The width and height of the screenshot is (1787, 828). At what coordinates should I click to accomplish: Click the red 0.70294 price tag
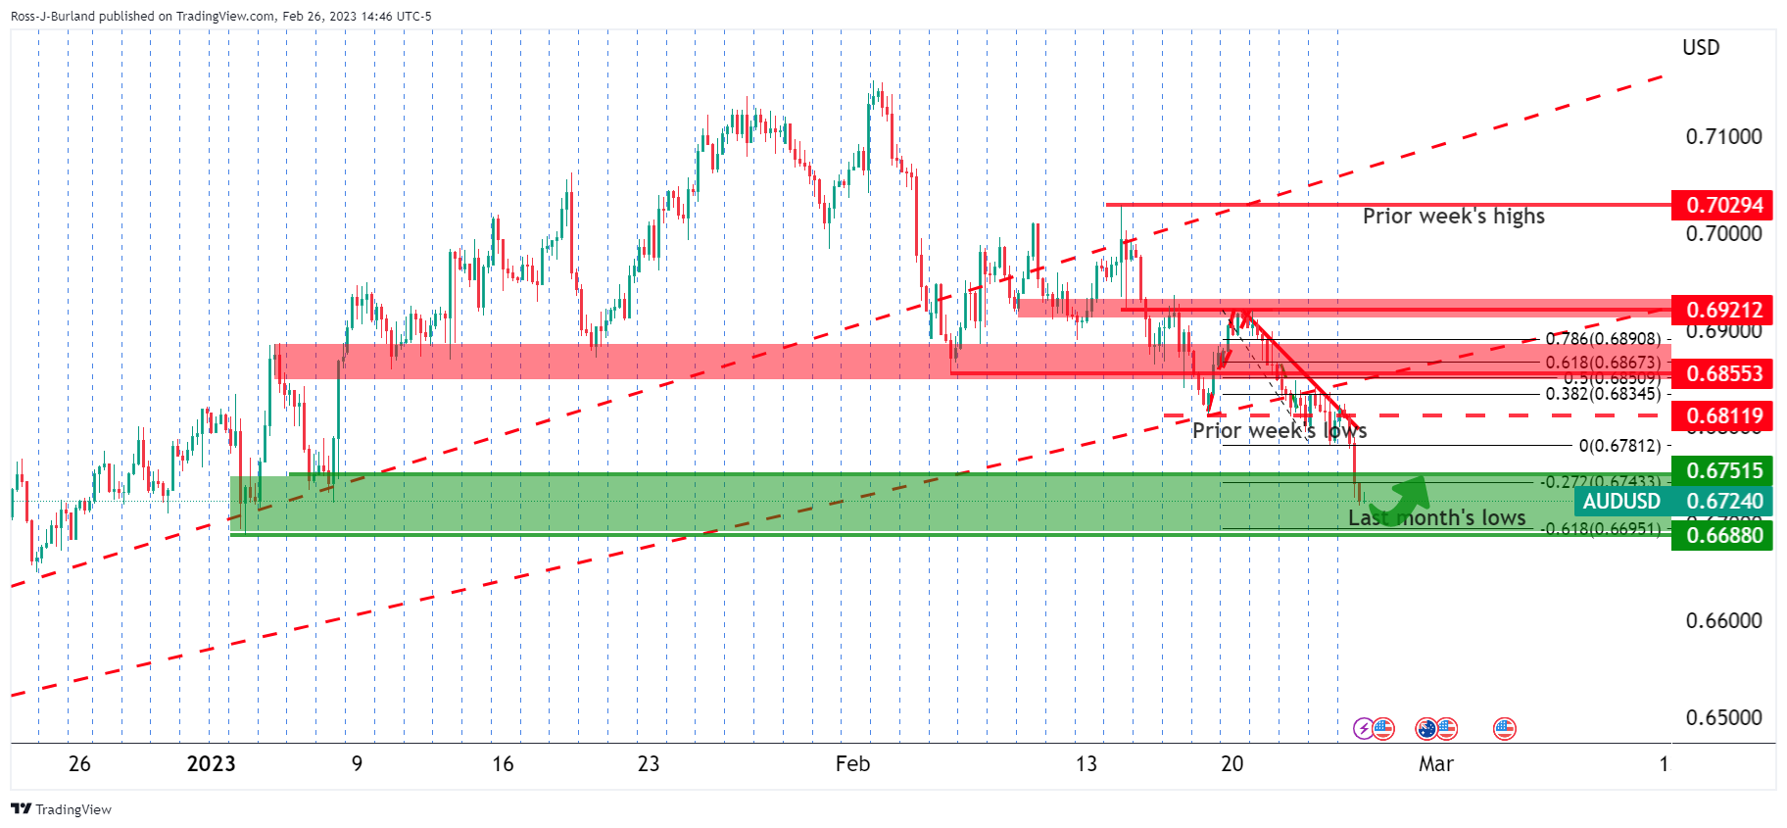(1722, 205)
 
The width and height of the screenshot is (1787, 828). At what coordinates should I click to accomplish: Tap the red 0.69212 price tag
(1722, 310)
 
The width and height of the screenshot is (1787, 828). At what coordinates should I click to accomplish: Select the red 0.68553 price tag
(1722, 373)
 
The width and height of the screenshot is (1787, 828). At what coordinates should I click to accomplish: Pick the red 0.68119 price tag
(1722, 415)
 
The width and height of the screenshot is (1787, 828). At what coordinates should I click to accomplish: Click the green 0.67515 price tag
(1722, 470)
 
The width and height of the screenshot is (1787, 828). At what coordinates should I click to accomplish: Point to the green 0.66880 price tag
(1722, 535)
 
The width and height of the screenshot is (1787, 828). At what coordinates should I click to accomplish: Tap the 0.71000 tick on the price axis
(1723, 136)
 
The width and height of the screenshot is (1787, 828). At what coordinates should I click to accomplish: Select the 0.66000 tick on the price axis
(1723, 620)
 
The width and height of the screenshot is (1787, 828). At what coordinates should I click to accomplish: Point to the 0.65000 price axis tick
(1723, 717)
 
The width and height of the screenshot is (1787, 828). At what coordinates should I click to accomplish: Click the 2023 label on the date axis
(211, 764)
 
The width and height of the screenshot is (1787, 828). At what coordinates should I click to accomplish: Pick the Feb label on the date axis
(852, 764)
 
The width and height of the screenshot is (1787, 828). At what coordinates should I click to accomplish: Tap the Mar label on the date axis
(1435, 764)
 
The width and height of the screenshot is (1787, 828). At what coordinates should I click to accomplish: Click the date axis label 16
(503, 764)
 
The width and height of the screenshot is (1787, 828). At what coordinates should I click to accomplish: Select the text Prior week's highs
(1453, 216)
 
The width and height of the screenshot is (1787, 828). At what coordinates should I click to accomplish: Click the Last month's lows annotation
(1436, 517)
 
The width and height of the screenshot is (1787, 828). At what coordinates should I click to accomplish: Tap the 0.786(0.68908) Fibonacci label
(1603, 339)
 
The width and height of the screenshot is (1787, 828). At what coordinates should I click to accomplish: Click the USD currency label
(1701, 48)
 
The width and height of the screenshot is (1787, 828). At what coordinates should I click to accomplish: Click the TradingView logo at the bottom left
(61, 809)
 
